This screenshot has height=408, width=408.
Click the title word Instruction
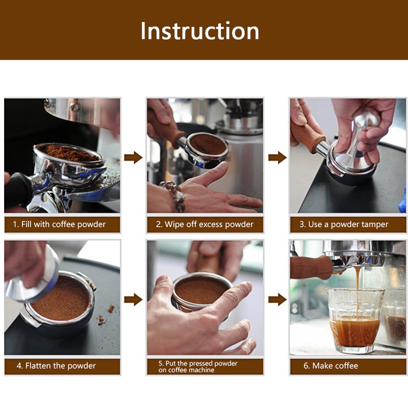pyautogui.click(x=199, y=31)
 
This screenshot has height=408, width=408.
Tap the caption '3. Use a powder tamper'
pyautogui.click(x=348, y=224)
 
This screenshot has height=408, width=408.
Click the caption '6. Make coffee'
pyautogui.click(x=335, y=366)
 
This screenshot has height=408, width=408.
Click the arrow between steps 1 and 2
pyautogui.click(x=133, y=158)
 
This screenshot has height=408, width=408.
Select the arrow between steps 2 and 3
pyautogui.click(x=277, y=158)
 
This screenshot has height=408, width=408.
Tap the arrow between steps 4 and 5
pyautogui.click(x=133, y=299)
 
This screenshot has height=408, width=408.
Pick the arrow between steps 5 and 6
pyautogui.click(x=277, y=299)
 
